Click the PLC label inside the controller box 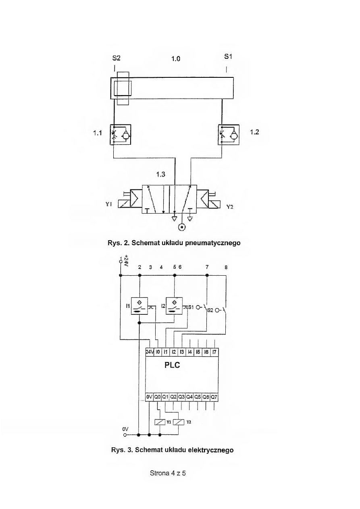coord(172,365)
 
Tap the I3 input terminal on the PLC coord(182,352)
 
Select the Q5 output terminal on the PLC coord(198,397)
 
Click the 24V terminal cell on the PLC coord(150,352)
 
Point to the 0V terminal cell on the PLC coord(149,397)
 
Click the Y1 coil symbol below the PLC coord(160,422)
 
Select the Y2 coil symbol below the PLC coord(179,422)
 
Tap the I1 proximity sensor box coord(139,306)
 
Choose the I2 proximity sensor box coord(174,306)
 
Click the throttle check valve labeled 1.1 coord(120,135)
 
